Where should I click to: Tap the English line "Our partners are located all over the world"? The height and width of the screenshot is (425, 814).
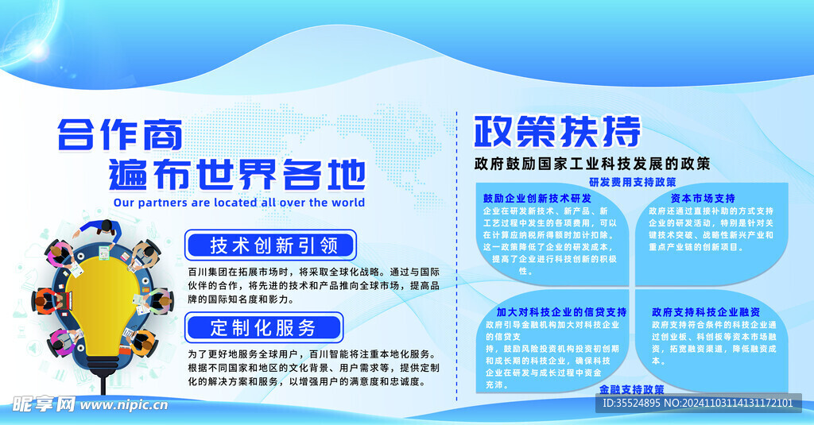(x=239, y=203)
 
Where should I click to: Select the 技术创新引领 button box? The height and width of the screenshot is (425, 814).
(x=271, y=245)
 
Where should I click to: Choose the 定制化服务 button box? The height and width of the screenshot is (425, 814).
(x=263, y=326)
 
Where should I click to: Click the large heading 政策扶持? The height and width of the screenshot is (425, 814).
(x=556, y=132)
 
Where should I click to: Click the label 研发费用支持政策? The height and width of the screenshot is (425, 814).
(x=633, y=182)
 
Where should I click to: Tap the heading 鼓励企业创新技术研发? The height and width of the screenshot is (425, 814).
(x=537, y=198)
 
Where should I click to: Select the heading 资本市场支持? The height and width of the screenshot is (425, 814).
(x=703, y=198)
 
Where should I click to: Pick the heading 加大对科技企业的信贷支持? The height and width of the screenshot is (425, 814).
(x=561, y=311)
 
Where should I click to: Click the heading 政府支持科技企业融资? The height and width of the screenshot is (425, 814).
(x=706, y=311)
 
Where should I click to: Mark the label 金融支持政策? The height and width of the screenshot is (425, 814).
(x=632, y=389)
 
